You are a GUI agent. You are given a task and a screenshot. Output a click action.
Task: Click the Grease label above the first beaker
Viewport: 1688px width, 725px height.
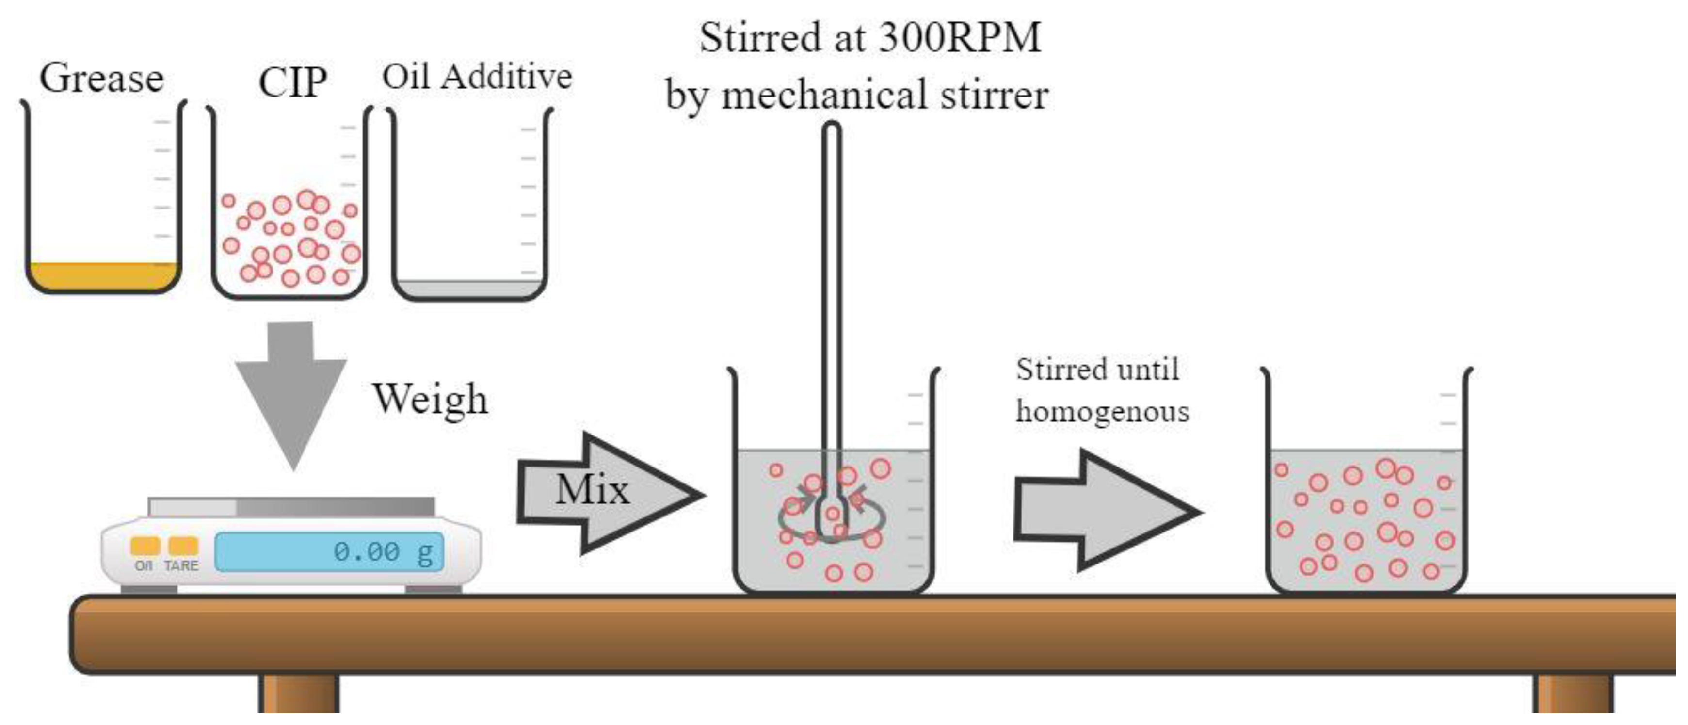[x=101, y=79]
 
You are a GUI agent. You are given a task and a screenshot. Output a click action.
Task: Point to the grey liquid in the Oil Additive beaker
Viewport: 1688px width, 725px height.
[x=469, y=289]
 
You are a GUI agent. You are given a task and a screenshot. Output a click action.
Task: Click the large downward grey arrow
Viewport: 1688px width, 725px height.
[x=291, y=393]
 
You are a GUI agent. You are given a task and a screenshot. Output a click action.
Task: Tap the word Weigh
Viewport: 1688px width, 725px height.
[x=430, y=399]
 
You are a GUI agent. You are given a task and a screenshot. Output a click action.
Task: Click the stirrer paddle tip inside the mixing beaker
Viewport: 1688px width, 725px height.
[x=832, y=524]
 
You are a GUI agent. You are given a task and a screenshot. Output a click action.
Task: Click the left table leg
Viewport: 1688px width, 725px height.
[x=298, y=693]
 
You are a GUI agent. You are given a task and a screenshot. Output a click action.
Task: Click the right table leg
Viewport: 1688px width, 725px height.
[x=1573, y=693]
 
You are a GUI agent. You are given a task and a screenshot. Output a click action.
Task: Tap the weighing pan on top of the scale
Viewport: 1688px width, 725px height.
[x=291, y=507]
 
